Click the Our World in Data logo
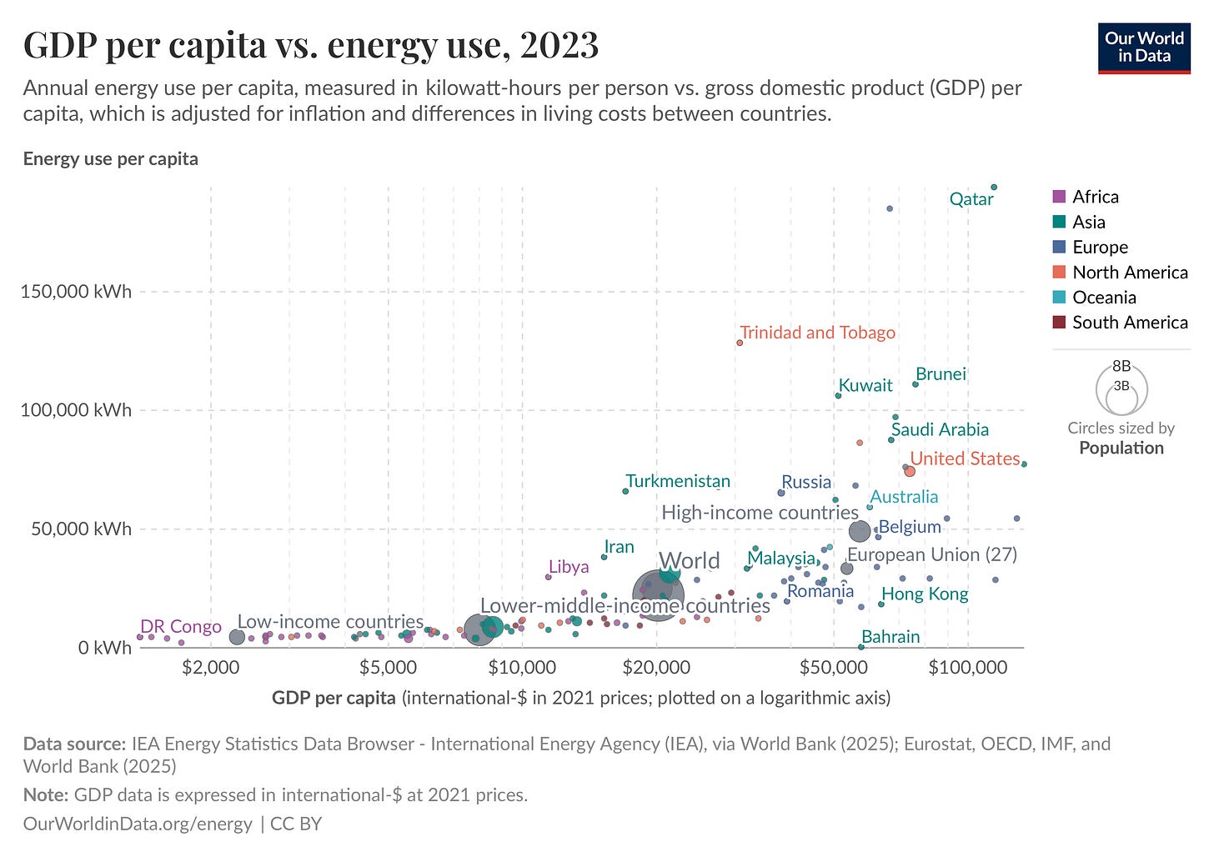pos(1144,48)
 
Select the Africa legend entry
pos(1095,197)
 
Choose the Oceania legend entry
pos(1103,298)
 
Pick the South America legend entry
pos(1129,323)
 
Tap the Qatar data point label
pos(971,199)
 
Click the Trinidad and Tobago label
pos(817,333)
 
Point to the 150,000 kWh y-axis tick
pos(76,292)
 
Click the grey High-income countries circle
pos(860,530)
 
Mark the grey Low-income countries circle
pos(237,637)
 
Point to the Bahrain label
pos(890,637)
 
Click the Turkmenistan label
pos(677,481)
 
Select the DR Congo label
pos(180,627)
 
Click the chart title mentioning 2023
pos(310,45)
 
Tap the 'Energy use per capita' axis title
pos(110,159)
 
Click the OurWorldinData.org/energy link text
pos(137,824)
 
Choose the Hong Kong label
pos(925,594)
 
